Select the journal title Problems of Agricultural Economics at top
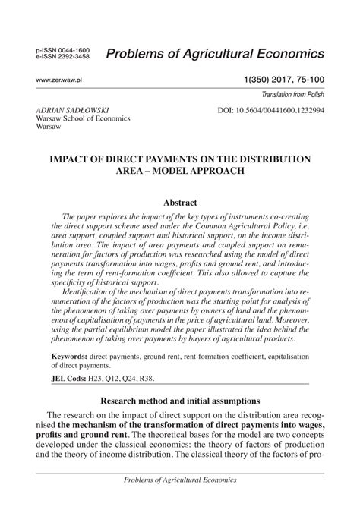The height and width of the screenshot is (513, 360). click(216, 53)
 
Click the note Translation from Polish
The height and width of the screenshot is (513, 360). click(292, 94)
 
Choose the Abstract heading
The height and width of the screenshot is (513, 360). click(180, 203)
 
